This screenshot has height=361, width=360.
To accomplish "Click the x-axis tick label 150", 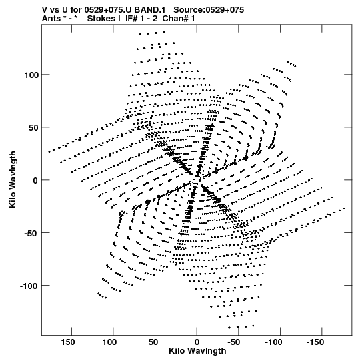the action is click(x=68, y=342).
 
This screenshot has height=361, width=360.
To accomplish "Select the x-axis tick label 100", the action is click(x=109, y=342).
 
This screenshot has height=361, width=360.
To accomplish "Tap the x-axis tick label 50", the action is click(x=153, y=342).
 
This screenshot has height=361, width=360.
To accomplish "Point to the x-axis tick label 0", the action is click(x=197, y=342).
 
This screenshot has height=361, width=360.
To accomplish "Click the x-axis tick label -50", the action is click(x=234, y=342).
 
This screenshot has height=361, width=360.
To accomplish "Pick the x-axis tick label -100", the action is click(x=273, y=342).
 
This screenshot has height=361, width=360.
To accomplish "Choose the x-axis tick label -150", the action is click(x=315, y=342).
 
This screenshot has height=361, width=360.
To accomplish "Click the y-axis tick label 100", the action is click(x=31, y=75).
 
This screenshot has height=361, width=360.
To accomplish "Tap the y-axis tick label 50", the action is click(x=33, y=127).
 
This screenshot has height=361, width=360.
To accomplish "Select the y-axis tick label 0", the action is click(x=35, y=180).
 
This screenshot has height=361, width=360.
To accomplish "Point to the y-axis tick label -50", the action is click(x=31, y=233).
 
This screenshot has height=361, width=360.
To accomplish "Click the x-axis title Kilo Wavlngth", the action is click(x=197, y=351).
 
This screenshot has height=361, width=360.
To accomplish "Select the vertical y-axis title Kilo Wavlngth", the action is click(x=13, y=179).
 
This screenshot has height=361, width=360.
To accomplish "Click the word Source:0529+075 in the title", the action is click(x=209, y=10).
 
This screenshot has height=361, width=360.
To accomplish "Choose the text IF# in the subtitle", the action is click(x=131, y=19).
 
